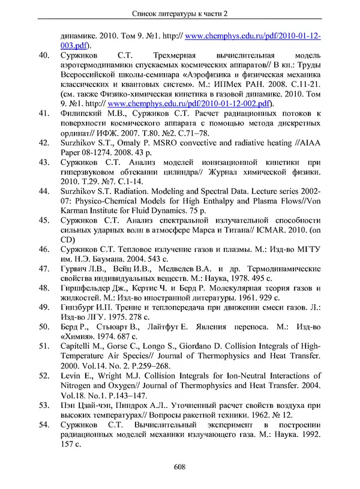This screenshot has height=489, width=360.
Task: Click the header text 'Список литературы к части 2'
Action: click(x=180, y=13)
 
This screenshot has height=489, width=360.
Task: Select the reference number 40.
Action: click(x=43, y=56)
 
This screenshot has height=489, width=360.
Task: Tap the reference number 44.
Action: click(x=43, y=191)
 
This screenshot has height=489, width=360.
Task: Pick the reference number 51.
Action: click(x=43, y=346)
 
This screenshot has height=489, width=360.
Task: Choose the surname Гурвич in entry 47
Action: click(x=75, y=268)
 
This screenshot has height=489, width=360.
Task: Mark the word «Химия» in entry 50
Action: click(x=77, y=337)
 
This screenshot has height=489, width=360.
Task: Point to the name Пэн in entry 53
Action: click(x=68, y=405)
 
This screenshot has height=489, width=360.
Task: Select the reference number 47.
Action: click(x=43, y=268)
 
